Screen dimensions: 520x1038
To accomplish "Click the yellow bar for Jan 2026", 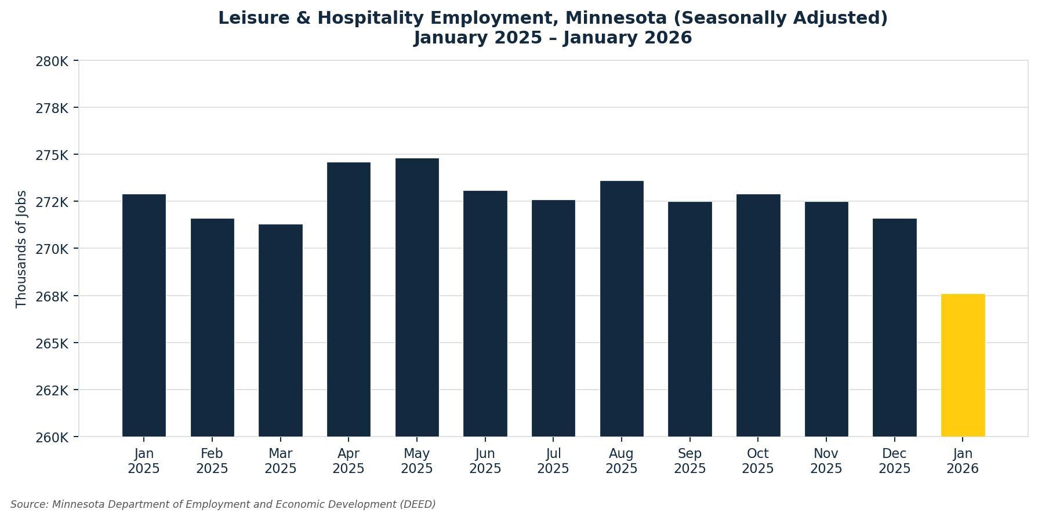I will pyautogui.click(x=963, y=365).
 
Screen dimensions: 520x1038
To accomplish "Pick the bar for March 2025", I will pyautogui.click(x=281, y=330).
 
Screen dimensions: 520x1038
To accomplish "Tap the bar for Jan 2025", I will pyautogui.click(x=144, y=315).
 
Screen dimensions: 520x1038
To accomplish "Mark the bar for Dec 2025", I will pyautogui.click(x=894, y=328).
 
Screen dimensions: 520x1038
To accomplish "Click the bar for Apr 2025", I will pyautogui.click(x=349, y=299).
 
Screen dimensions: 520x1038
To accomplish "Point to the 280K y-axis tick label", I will pyautogui.click(x=52, y=61).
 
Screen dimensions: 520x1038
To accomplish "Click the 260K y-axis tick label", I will pyautogui.click(x=52, y=437).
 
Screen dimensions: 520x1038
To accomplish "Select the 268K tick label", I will pyautogui.click(x=52, y=296).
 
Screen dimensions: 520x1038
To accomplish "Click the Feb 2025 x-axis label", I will pyautogui.click(x=212, y=461).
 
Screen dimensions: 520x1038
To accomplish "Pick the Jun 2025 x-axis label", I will pyautogui.click(x=485, y=461).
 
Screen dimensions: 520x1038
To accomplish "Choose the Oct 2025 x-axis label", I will pyautogui.click(x=758, y=461).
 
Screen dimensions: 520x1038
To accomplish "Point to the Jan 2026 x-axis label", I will pyautogui.click(x=963, y=461).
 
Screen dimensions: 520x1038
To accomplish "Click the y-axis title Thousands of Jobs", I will pyautogui.click(x=21, y=249).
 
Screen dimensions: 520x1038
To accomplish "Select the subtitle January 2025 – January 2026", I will pyautogui.click(x=553, y=38).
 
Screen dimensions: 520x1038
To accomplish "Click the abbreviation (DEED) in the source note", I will pyautogui.click(x=418, y=504).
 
